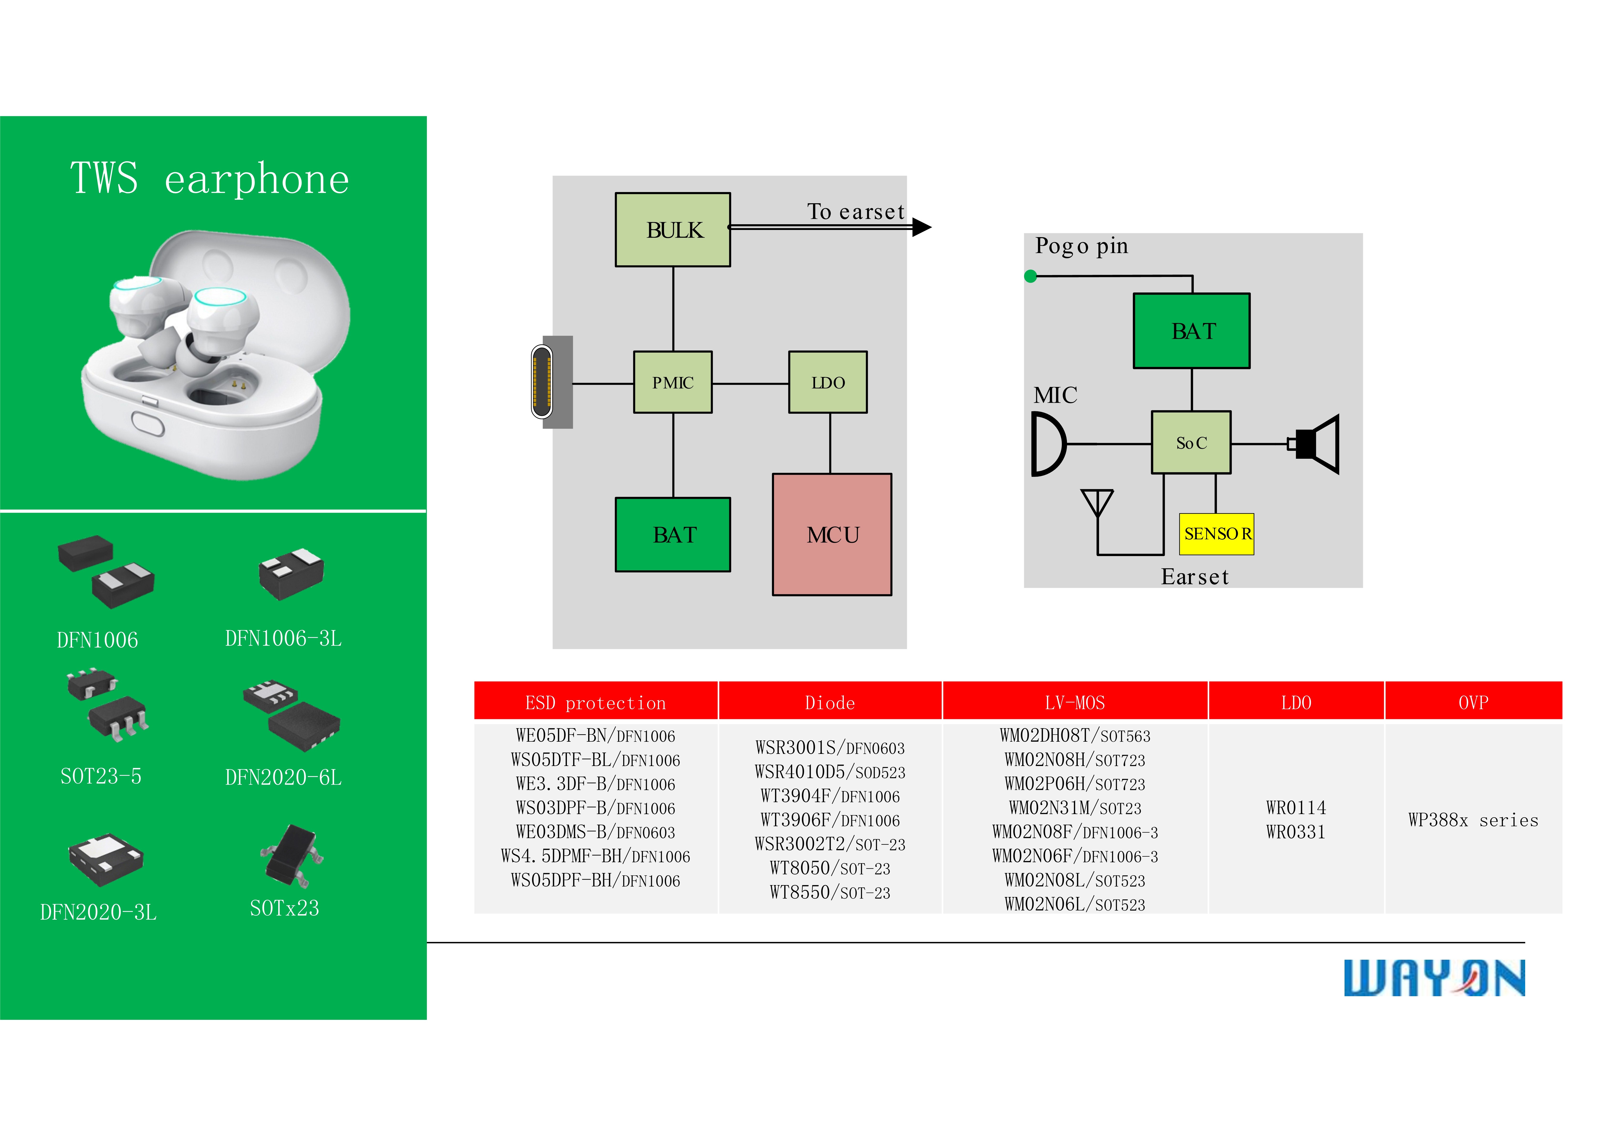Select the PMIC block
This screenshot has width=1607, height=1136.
pyautogui.click(x=673, y=382)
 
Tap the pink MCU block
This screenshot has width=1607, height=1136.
pyautogui.click(x=832, y=535)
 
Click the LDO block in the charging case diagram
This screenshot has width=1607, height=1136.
pyautogui.click(x=828, y=382)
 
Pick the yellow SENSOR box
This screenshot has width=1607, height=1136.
pyautogui.click(x=1216, y=534)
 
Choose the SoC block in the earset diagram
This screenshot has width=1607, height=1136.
pyautogui.click(x=1191, y=442)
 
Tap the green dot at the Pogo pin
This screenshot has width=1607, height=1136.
pyautogui.click(x=1030, y=276)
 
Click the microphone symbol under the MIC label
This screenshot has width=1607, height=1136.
pyautogui.click(x=1048, y=444)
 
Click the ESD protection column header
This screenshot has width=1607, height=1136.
pyautogui.click(x=596, y=702)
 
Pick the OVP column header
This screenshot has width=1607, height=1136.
pyautogui.click(x=1473, y=702)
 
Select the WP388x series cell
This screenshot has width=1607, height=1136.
pyautogui.click(x=1473, y=820)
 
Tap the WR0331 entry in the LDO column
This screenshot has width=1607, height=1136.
pyautogui.click(x=1296, y=832)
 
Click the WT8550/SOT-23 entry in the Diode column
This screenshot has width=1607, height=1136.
pyautogui.click(x=830, y=892)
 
